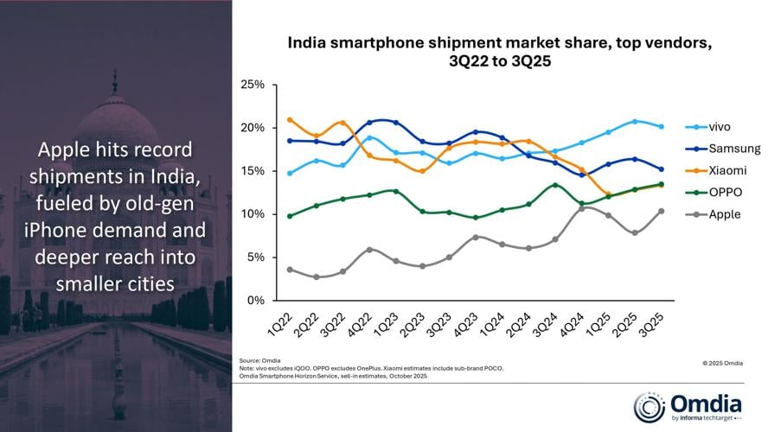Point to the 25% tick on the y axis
[253, 85]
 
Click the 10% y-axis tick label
[253, 214]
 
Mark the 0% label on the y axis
[256, 301]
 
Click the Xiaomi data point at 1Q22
[290, 120]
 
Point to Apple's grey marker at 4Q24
[581, 208]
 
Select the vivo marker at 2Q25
[635, 121]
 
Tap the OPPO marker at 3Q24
[555, 185]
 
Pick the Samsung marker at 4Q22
[369, 123]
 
